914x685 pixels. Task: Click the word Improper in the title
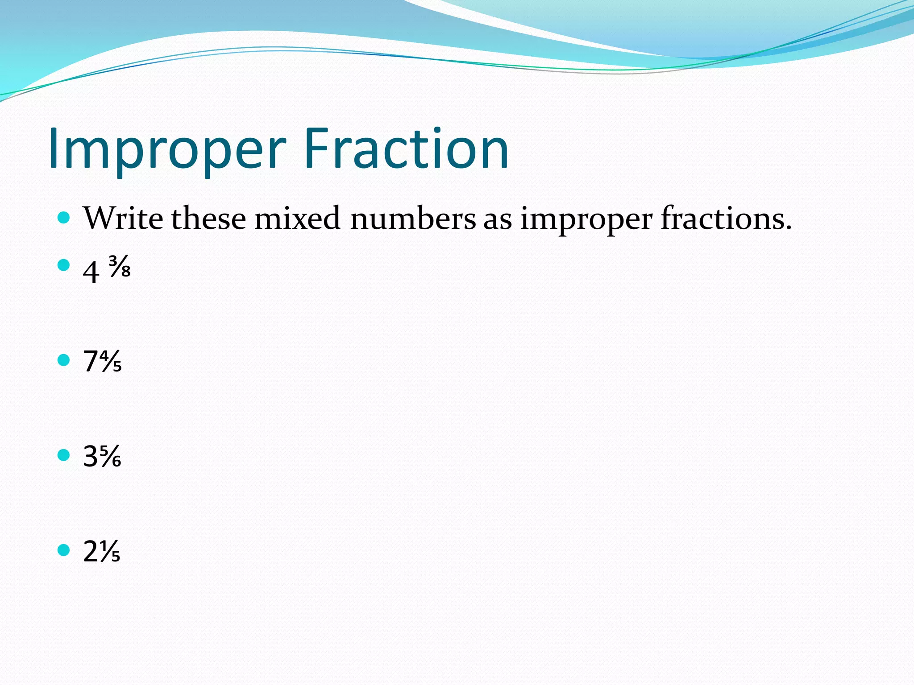(x=167, y=149)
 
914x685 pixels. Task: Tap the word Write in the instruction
(x=123, y=219)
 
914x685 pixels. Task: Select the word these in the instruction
(x=208, y=219)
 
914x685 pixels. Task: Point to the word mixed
(x=297, y=219)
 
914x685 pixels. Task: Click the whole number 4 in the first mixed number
(x=91, y=272)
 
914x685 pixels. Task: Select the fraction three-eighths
(x=120, y=267)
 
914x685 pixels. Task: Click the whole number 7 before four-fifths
(x=91, y=361)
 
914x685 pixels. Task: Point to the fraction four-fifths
(x=111, y=361)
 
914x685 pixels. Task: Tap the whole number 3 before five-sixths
(x=91, y=456)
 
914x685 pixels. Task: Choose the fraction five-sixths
(x=110, y=457)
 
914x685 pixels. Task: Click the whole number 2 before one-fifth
(x=91, y=552)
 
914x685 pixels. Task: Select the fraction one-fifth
(x=110, y=552)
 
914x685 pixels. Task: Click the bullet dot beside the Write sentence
(x=64, y=218)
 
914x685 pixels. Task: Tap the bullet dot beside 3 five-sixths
(x=64, y=455)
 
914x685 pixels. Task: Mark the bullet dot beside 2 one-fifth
(x=64, y=550)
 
